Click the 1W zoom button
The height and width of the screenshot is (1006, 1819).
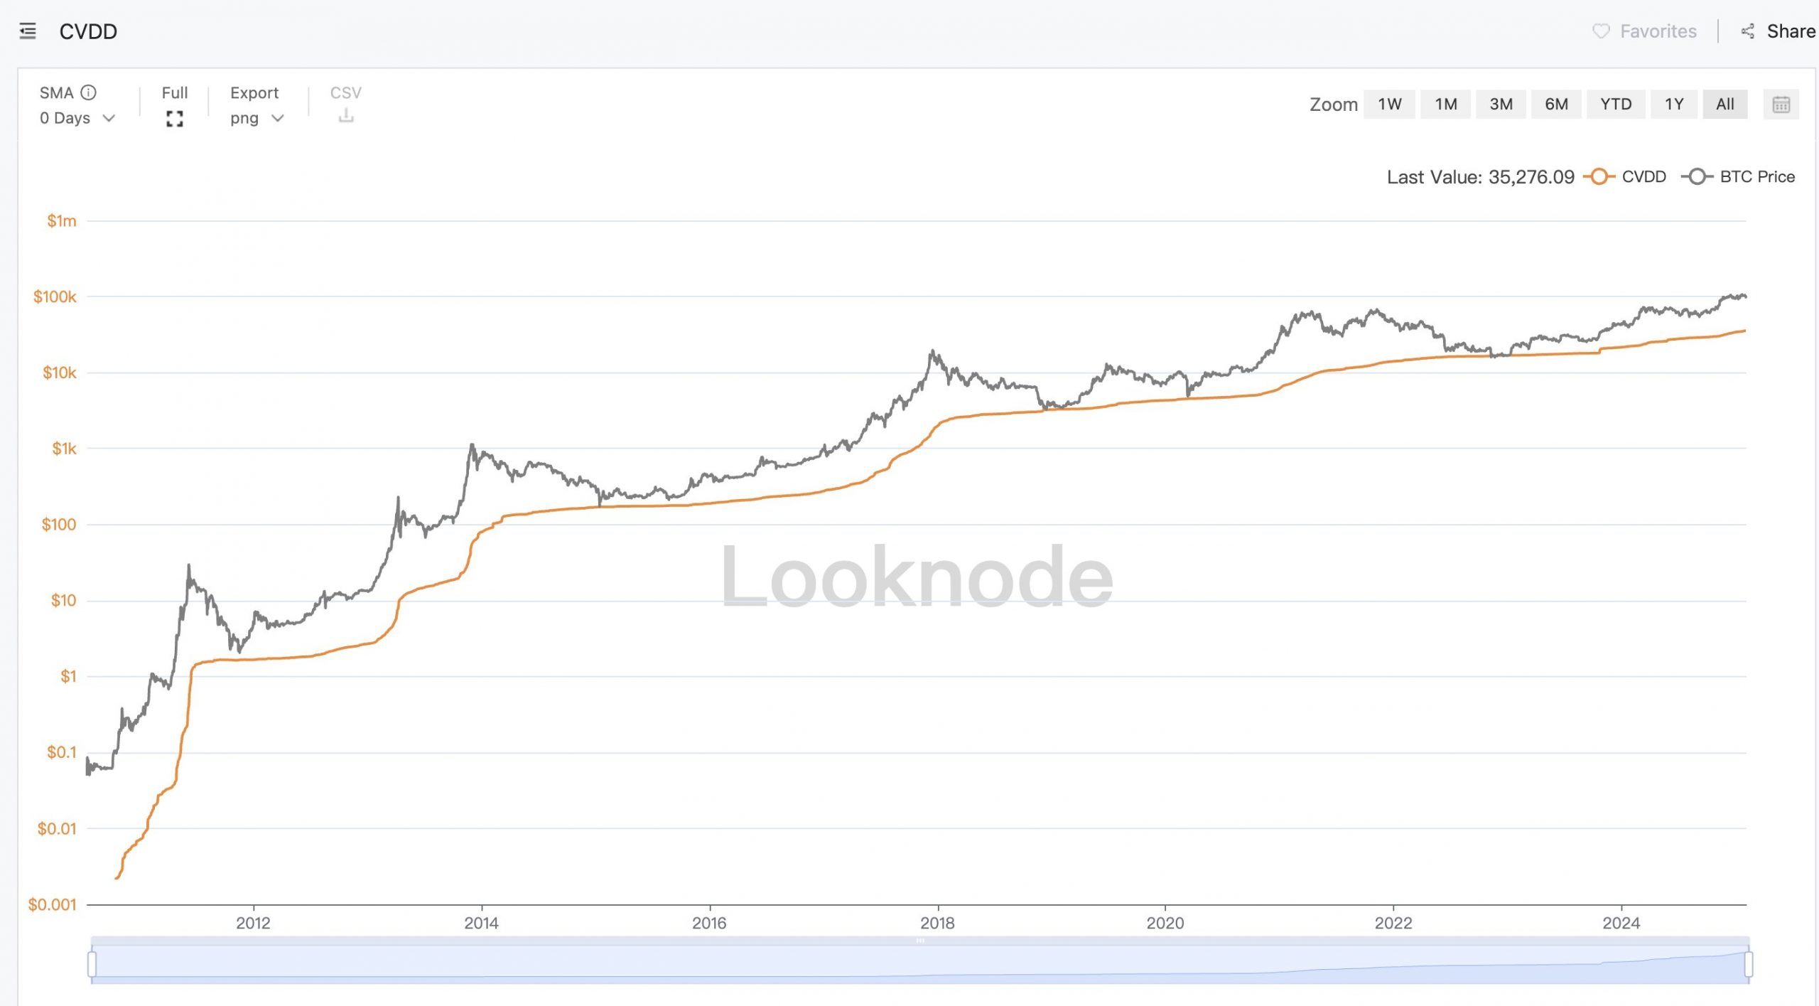point(1389,105)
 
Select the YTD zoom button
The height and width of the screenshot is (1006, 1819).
point(1615,105)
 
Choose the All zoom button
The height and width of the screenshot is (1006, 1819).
point(1724,105)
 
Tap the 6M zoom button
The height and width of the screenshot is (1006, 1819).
point(1556,105)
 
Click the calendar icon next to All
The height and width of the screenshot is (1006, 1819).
point(1781,105)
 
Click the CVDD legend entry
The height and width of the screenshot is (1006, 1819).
point(1627,177)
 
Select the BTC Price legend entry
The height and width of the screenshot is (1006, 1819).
point(1741,177)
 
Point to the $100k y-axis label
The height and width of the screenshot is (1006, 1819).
point(55,297)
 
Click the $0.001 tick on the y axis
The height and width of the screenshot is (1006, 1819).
point(52,904)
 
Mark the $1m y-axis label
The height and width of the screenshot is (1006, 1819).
point(62,221)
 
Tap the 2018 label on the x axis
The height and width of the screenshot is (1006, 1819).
point(937,923)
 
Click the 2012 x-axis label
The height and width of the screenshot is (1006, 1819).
point(253,923)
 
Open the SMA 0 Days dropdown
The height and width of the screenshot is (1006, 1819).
point(77,119)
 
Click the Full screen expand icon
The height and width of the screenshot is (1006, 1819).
point(175,119)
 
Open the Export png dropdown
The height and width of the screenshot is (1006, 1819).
point(257,119)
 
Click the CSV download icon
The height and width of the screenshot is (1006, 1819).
point(346,115)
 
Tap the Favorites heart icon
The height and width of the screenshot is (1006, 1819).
point(1601,31)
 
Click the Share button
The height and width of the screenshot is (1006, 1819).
point(1780,31)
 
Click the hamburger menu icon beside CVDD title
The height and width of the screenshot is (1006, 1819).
point(28,31)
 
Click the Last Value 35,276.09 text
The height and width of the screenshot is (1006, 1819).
point(1480,177)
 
